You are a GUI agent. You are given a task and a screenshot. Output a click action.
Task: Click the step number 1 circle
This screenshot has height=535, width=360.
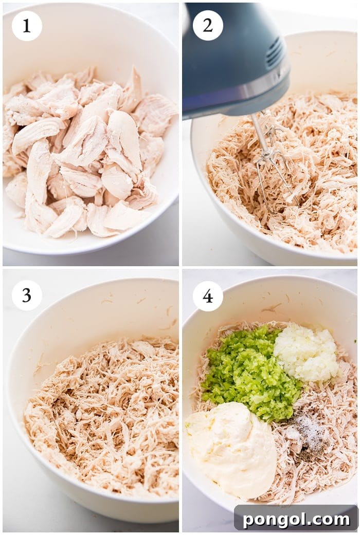27,26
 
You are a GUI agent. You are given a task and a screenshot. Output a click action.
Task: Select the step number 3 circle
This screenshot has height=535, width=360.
27,295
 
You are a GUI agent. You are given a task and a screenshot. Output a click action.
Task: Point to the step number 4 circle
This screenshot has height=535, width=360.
208,296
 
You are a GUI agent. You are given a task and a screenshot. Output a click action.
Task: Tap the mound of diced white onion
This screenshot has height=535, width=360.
308,353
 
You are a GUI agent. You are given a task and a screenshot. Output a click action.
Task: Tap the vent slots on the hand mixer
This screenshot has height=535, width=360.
275,52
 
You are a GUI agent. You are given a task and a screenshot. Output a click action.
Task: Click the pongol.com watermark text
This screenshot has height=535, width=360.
296,519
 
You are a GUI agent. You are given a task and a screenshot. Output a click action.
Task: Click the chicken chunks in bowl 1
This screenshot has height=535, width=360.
87,154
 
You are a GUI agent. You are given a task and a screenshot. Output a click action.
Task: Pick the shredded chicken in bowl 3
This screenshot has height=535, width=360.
103,416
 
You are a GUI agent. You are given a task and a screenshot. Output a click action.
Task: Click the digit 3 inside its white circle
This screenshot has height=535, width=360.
27,295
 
